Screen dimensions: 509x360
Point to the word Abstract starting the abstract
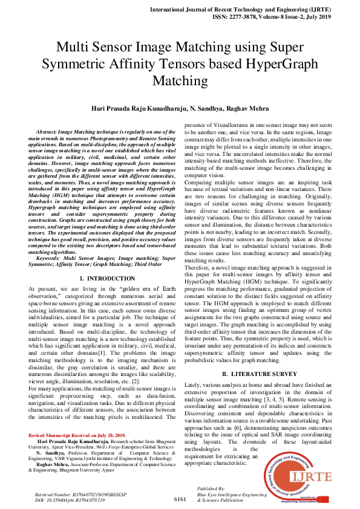[x=48, y=131]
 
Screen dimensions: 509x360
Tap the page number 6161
[x=180, y=499]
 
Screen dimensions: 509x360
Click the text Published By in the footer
[x=211, y=488]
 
